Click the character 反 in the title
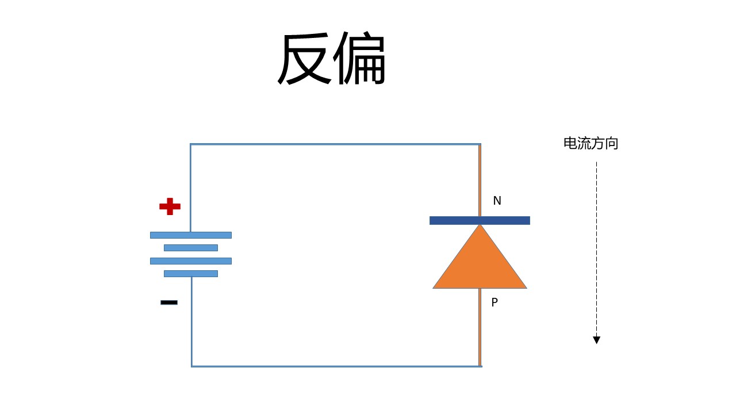click(x=304, y=59)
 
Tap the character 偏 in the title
click(x=359, y=58)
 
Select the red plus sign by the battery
click(x=170, y=206)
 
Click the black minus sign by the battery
click(x=169, y=302)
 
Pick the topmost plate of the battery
click(x=191, y=235)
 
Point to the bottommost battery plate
click(x=191, y=274)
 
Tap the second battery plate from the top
click(x=191, y=248)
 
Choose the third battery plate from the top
click(x=191, y=261)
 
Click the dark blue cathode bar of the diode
click(x=480, y=220)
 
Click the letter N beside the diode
click(x=497, y=201)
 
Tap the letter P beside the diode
click(x=494, y=302)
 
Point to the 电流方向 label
click(x=591, y=144)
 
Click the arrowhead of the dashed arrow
click(x=597, y=340)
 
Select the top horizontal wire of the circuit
click(x=335, y=144)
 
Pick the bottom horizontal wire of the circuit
click(x=336, y=366)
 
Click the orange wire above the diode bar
click(x=480, y=181)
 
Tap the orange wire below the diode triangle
click(x=480, y=327)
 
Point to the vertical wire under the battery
click(x=192, y=321)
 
